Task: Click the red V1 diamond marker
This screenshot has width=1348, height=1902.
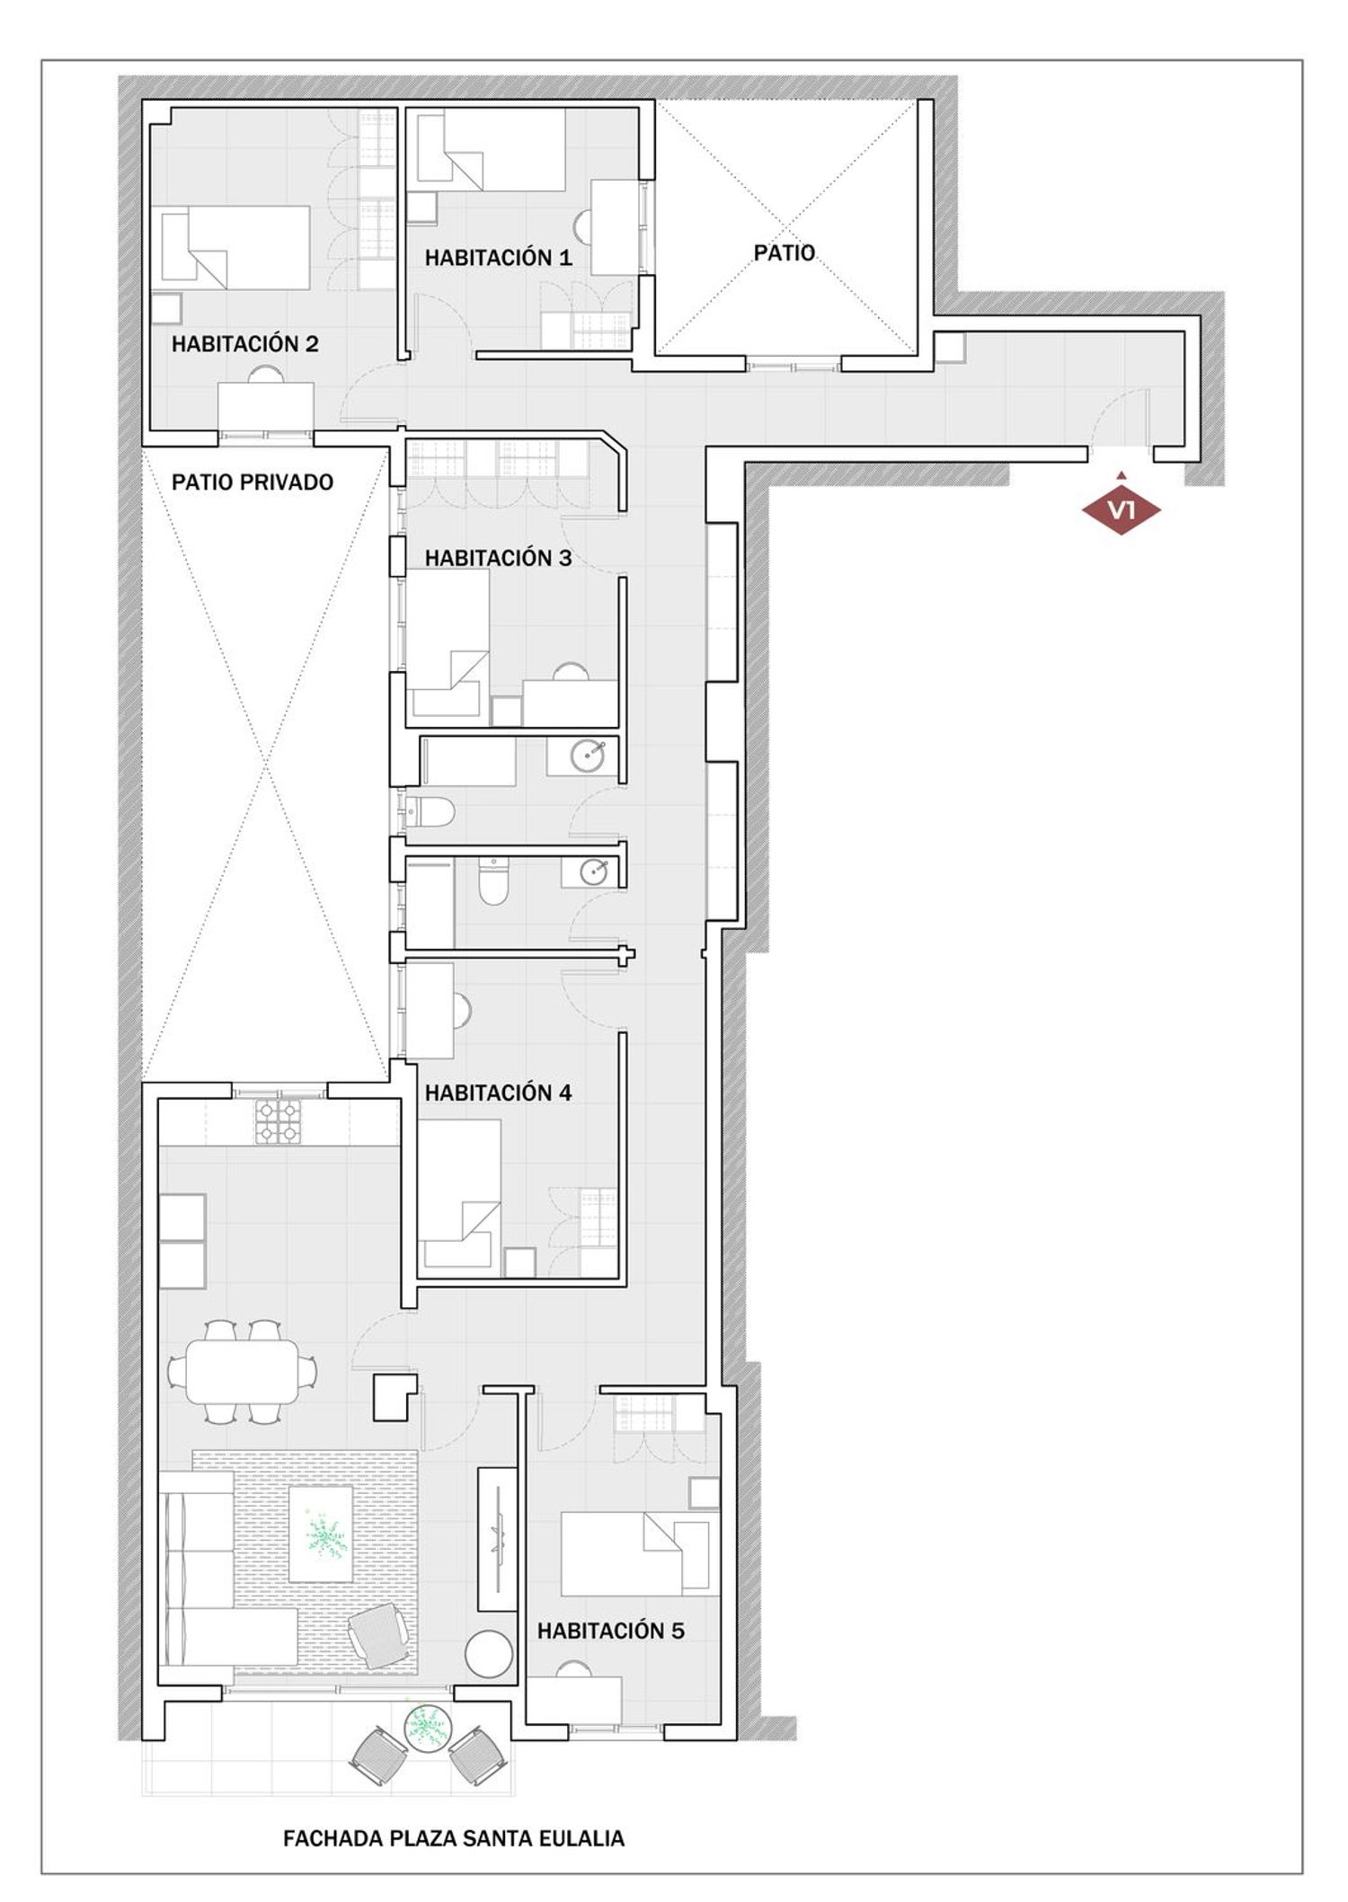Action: (1121, 509)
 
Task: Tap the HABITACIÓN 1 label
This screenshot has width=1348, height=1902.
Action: (498, 258)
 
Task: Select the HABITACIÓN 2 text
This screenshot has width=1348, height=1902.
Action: (244, 344)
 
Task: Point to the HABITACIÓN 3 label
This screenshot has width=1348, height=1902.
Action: (498, 558)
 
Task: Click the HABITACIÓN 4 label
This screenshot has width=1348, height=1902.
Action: (498, 1093)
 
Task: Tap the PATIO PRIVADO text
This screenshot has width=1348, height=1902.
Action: (253, 482)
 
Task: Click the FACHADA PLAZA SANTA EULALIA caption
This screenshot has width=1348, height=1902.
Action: (454, 1838)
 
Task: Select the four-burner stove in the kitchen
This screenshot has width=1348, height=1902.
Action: (278, 1121)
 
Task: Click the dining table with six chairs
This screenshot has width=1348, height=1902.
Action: (242, 1371)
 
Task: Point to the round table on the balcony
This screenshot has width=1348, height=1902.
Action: (427, 1726)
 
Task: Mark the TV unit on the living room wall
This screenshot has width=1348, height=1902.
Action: (497, 1539)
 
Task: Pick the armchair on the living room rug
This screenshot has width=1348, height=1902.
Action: (380, 1636)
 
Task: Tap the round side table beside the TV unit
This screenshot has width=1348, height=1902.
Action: (489, 1653)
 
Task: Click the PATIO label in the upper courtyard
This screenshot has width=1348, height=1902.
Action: (784, 253)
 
